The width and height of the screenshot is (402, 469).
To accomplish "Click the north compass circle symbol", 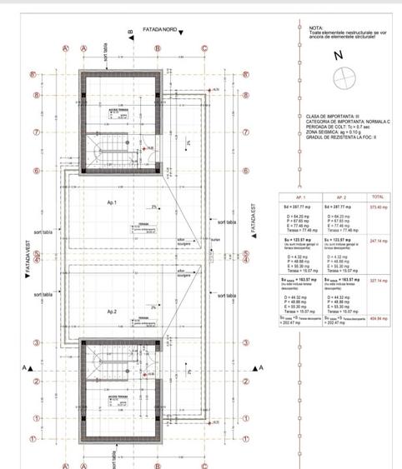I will [x=343, y=79].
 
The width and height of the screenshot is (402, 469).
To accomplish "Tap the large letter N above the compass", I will [x=338, y=55].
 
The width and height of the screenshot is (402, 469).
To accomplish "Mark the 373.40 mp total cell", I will [x=379, y=207].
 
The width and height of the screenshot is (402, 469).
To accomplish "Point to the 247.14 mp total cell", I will [x=379, y=241].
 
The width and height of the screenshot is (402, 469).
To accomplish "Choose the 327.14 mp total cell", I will [x=379, y=281].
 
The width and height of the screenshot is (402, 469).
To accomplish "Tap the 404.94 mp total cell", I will [x=379, y=318].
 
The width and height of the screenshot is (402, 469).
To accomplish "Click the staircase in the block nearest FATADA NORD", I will [x=109, y=153].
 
